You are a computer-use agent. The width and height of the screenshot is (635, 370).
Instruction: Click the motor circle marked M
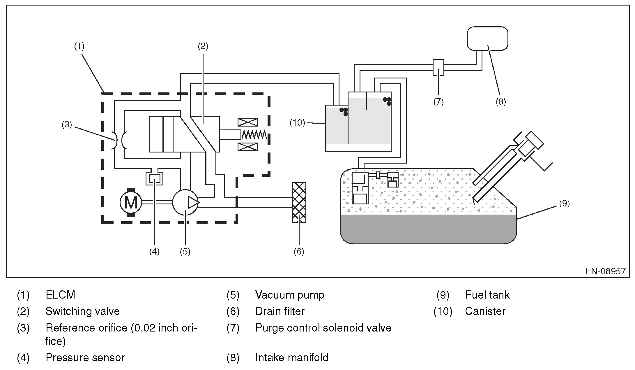click(131, 202)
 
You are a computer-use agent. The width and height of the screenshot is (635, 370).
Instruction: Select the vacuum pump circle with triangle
click(185, 202)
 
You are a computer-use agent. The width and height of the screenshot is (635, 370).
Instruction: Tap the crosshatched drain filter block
click(299, 202)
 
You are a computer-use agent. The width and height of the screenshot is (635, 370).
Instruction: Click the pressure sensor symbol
click(154, 178)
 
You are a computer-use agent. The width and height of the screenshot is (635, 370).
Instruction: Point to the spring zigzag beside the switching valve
click(254, 134)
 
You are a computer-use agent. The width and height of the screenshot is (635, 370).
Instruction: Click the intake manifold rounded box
click(487, 38)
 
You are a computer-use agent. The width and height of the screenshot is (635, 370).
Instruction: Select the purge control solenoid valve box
click(438, 67)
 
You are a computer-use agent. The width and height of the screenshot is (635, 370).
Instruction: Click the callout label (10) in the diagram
click(297, 123)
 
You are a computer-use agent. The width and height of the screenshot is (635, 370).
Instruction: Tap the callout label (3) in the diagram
click(67, 124)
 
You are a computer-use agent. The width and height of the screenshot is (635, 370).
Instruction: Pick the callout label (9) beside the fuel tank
click(564, 204)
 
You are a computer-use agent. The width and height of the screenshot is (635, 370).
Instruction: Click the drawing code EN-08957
click(605, 271)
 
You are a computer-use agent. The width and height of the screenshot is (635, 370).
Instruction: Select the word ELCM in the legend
click(60, 295)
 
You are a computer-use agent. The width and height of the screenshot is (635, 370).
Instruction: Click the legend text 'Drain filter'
click(280, 311)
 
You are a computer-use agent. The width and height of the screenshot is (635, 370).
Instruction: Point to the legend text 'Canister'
click(485, 311)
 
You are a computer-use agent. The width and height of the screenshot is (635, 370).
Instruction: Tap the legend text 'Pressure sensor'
click(85, 357)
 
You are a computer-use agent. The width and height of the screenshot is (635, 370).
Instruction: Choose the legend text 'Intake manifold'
click(292, 357)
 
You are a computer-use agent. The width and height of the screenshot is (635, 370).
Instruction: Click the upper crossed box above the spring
click(248, 122)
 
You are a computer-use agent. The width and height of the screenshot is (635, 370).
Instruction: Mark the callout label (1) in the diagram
click(79, 46)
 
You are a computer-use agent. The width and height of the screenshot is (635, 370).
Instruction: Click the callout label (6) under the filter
click(299, 251)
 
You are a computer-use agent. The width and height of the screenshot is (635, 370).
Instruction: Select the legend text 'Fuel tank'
click(487, 295)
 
